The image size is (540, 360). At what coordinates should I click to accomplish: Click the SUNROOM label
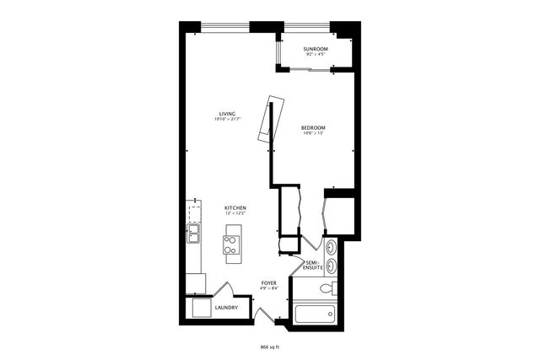point(316,50)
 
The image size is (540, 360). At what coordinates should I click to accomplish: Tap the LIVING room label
point(227,114)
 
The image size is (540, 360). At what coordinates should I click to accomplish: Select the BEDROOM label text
point(313,127)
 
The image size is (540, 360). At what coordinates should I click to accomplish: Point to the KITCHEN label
point(235,207)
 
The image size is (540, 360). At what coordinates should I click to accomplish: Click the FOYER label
point(269,283)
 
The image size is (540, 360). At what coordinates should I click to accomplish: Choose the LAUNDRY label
point(226,307)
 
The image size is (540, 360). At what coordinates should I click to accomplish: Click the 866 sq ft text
point(270,347)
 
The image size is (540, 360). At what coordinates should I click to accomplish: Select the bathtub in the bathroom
point(315,315)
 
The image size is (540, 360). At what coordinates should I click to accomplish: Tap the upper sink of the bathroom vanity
point(331,248)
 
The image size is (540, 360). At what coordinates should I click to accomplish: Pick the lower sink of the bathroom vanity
point(331,265)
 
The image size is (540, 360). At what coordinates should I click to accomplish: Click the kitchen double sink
point(193,233)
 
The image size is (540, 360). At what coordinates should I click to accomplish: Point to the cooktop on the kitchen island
point(230,244)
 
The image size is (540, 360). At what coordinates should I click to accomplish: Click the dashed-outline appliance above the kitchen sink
point(195,210)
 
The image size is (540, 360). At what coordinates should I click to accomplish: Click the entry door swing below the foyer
point(264,315)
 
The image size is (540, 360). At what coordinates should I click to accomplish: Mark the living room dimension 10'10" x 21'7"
point(227,120)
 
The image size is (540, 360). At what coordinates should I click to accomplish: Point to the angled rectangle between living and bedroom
point(267,121)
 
